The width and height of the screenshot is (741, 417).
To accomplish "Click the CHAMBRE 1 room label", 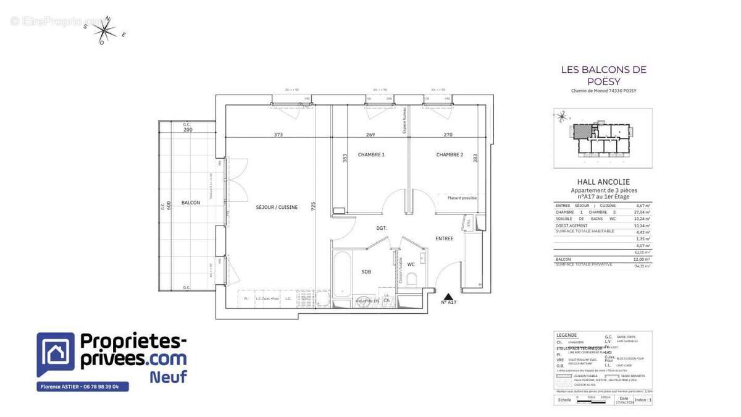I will [371, 154].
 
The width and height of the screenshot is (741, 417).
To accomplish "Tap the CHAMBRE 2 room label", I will [450, 154].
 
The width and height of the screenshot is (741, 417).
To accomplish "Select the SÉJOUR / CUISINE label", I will [277, 208].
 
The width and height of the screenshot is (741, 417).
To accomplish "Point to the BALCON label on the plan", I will [190, 203].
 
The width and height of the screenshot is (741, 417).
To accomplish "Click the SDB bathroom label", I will [366, 272].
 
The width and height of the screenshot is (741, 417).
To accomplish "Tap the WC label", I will [411, 264].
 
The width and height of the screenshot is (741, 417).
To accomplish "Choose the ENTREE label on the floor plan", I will [444, 238].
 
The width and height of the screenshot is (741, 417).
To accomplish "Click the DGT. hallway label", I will [382, 228].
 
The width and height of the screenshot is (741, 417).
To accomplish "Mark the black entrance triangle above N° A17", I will [448, 296].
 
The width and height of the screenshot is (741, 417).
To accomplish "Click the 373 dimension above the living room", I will [278, 135].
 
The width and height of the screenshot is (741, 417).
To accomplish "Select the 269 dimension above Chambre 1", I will [371, 135].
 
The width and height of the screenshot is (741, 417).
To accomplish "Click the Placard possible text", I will [462, 198].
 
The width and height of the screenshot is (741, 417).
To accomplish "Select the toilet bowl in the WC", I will [412, 279].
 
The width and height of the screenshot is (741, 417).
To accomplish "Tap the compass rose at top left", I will [106, 30].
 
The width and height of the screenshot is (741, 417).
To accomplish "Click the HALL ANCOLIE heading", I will [603, 182].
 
